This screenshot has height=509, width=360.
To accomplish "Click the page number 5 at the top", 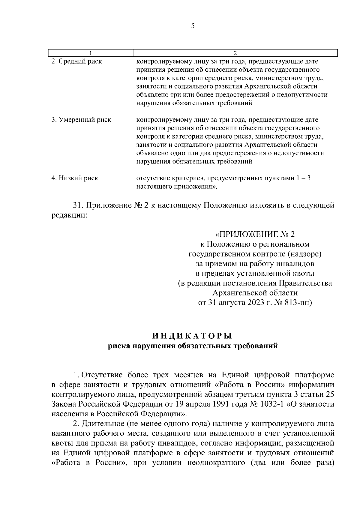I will pyautogui.click(x=193, y=26).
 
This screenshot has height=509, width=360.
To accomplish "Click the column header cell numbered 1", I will pyautogui.click(x=91, y=53).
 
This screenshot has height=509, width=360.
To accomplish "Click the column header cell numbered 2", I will pyautogui.click(x=235, y=53).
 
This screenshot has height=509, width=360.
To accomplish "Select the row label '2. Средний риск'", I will pyautogui.click(x=76, y=61).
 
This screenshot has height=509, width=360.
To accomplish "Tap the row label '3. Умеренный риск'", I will pyautogui.click(x=81, y=120).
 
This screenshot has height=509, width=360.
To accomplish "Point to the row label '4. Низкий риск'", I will pyautogui.click(x=75, y=178).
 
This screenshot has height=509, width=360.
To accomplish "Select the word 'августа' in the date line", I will pyautogui.click(x=233, y=303).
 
